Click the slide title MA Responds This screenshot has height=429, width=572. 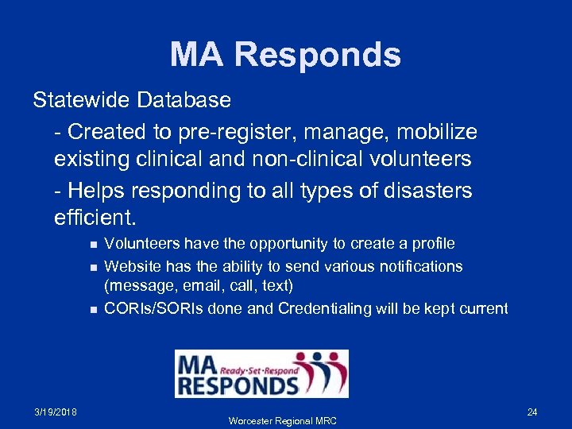[x=285, y=55]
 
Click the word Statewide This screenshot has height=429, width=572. [x=82, y=100]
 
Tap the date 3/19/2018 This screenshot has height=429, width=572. [x=56, y=412]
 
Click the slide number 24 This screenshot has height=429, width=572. [x=532, y=412]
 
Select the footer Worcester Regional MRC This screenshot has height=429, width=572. [x=282, y=420]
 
